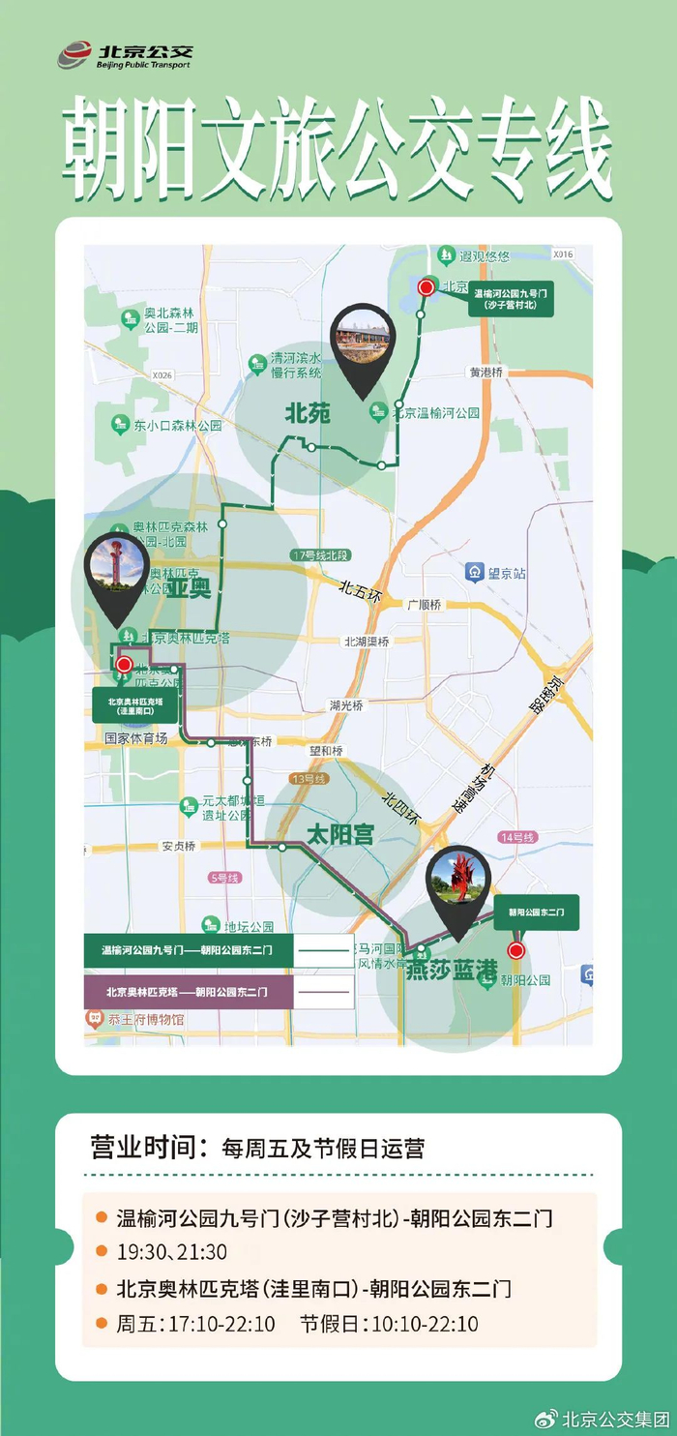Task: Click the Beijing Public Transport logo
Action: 124,55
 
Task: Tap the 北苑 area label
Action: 308,414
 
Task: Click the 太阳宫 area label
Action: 339,834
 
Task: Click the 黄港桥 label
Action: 486,372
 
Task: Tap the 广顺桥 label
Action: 424,605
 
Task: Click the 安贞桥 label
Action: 178,846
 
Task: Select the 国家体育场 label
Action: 136,738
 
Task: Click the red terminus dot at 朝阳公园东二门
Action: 515,950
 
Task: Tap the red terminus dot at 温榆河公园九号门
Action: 426,286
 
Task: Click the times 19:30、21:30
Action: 172,1251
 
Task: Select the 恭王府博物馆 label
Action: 145,1019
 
